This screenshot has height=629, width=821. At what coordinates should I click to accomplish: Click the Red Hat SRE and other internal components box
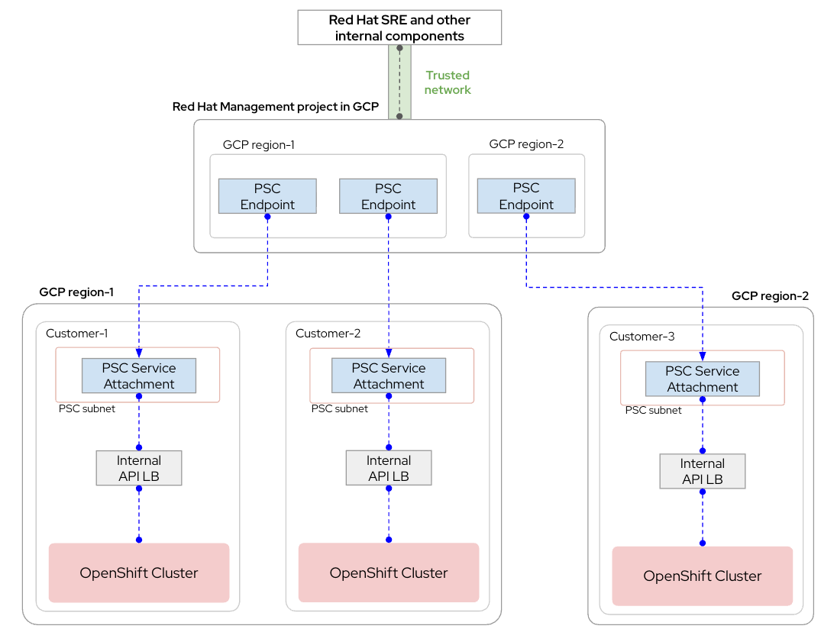click(399, 27)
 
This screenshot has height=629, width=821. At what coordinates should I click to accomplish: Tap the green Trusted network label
click(448, 82)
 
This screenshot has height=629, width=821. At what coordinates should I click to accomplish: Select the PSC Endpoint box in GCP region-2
click(525, 196)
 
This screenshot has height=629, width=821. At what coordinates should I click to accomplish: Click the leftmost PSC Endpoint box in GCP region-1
click(267, 196)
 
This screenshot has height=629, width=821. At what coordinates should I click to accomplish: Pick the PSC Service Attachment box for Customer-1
click(139, 376)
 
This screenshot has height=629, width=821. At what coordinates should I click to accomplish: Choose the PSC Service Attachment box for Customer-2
click(389, 376)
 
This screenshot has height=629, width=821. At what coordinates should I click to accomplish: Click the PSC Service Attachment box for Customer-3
click(703, 379)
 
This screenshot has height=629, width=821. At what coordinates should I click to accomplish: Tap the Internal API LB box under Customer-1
click(139, 468)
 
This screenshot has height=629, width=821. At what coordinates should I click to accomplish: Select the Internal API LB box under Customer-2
click(389, 468)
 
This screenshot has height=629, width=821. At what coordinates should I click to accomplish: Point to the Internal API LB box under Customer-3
click(703, 471)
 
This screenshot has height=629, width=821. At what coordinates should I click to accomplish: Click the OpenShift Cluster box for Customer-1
click(139, 573)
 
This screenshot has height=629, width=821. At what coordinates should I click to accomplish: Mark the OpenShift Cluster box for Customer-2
click(389, 573)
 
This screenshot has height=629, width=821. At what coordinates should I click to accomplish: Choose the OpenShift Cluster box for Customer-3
click(703, 576)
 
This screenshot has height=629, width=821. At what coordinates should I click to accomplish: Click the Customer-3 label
click(642, 337)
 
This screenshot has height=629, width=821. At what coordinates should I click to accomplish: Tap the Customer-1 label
click(77, 334)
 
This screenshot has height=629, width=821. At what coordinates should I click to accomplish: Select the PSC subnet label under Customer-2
click(339, 409)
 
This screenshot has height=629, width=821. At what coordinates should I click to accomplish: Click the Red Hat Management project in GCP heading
click(276, 107)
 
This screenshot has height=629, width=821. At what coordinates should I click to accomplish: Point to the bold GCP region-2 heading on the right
click(769, 296)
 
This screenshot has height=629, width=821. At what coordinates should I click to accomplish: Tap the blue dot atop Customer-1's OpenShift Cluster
click(139, 540)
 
